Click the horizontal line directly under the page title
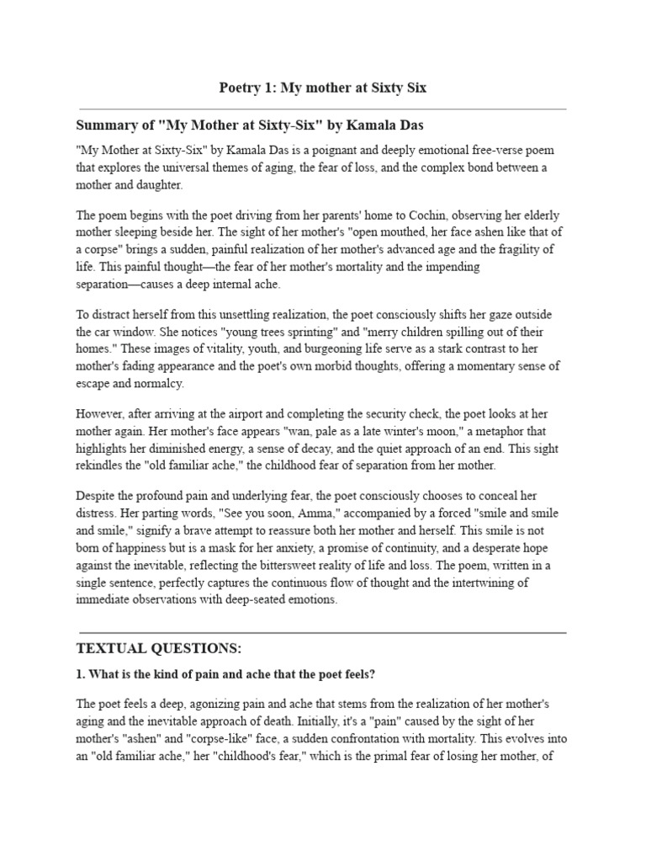click(322, 109)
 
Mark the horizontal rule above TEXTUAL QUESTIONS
click(322, 631)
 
